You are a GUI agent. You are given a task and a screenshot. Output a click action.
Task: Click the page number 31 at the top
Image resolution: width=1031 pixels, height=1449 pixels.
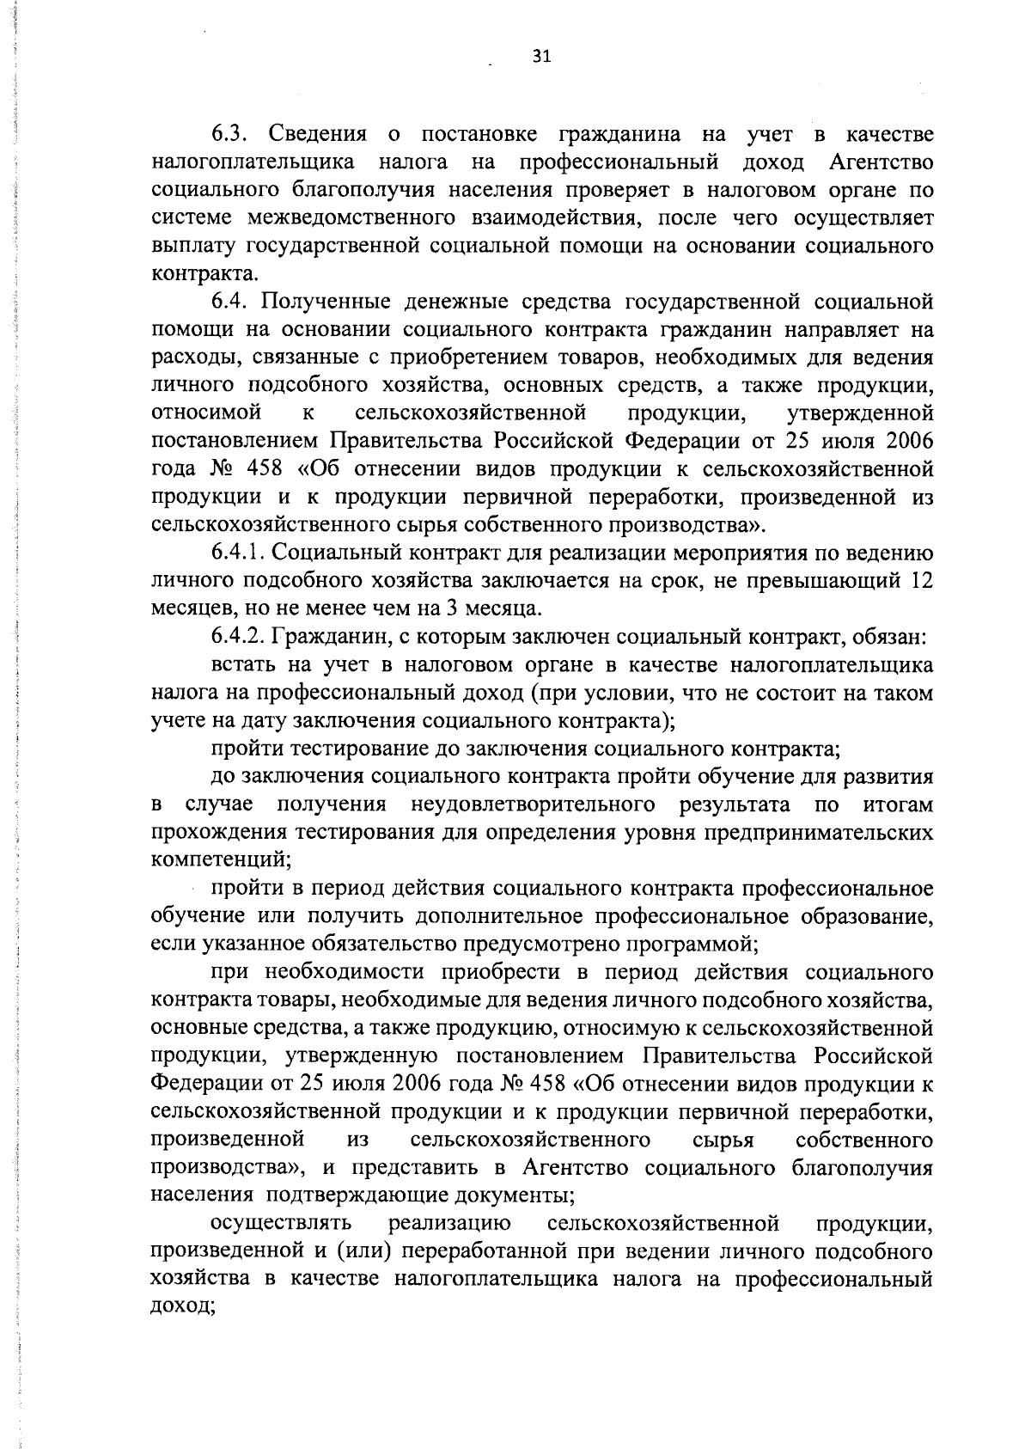[x=540, y=57]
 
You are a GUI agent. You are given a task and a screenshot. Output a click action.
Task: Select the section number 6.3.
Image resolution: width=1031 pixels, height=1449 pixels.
[x=231, y=135]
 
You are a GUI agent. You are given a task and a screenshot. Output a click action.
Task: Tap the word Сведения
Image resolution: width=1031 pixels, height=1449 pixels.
[x=318, y=135]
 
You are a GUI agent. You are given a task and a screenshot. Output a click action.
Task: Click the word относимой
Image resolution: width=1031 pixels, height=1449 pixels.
[x=206, y=413]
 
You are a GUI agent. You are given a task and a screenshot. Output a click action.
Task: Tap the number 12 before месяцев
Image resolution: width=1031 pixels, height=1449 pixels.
[x=921, y=582]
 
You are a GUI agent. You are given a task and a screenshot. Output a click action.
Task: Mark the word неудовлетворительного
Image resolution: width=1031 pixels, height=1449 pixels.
[x=529, y=805]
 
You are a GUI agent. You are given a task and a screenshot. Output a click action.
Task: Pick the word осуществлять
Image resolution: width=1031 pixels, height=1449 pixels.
[x=281, y=1223]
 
